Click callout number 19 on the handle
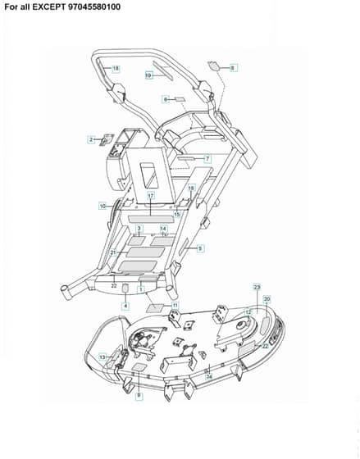pos(148,75)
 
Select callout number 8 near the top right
pos(233,68)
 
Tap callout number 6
pos(166,99)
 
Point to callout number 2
pos(91,139)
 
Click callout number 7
pos(207,159)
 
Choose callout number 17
pos(151,196)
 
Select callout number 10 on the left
pos(103,207)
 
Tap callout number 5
pos(200,248)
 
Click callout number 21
pos(113,252)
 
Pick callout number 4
pos(125,306)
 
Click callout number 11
pos(175,306)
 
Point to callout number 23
pos(257,288)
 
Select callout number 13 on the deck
pos(103,357)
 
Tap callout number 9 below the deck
pos(139,396)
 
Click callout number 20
pos(267,299)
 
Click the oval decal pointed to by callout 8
pos(215,66)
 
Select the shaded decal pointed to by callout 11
pos(155,308)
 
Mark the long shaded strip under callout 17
pos(151,219)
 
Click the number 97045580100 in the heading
pos(94,7)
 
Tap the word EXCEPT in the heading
pos(48,7)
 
